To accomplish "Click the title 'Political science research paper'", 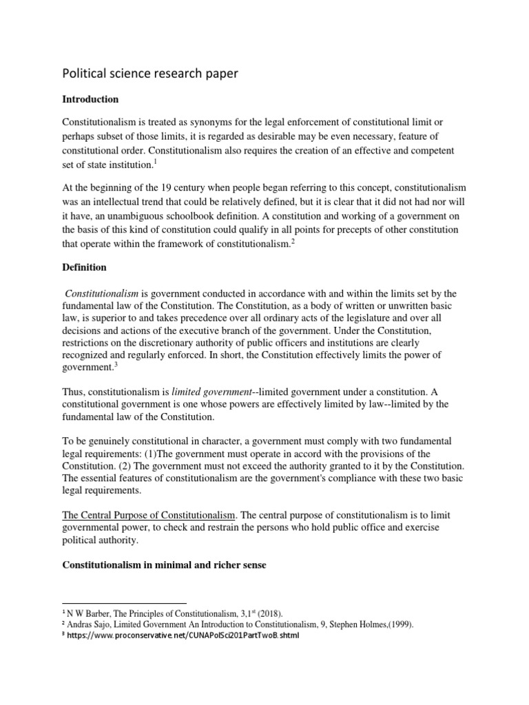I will (150, 73).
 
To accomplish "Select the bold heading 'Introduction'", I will (90, 99).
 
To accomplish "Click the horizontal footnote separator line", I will (124, 603).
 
